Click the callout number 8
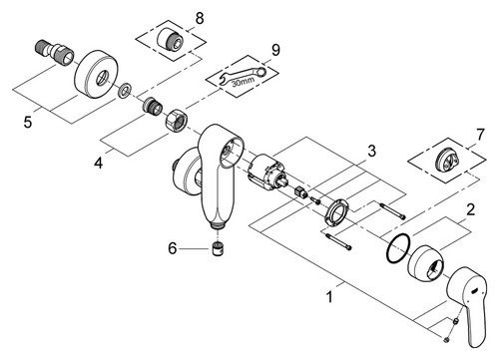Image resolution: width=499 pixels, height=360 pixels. pos(200,18)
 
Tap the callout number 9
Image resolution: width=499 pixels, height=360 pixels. pos(275,50)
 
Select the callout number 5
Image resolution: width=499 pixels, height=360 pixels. pos(28,122)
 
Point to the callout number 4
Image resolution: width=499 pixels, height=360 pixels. pos(99,163)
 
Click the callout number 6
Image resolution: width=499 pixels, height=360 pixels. pos(173,248)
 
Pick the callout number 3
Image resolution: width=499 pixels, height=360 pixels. pos(371,151)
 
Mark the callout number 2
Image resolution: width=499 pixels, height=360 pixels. pos(470,210)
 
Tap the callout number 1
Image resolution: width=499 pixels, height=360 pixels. pos(329,297)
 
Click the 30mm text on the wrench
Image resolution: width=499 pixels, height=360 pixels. pos(244,81)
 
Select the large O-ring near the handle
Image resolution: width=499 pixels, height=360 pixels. pos(398,248)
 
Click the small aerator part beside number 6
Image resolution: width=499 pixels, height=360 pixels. pos(218,248)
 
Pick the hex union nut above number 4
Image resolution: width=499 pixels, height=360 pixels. pos(177,119)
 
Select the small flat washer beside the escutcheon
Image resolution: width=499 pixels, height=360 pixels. pos(125,90)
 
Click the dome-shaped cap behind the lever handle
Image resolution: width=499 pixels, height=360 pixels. pos(426,263)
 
